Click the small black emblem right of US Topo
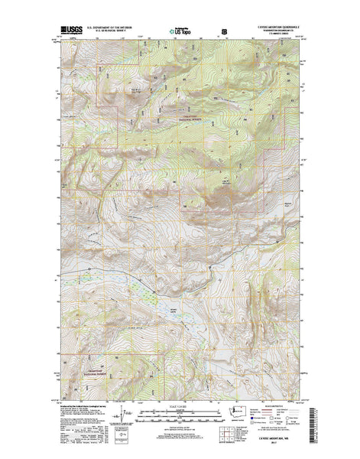pyautogui.click(x=224, y=32)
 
